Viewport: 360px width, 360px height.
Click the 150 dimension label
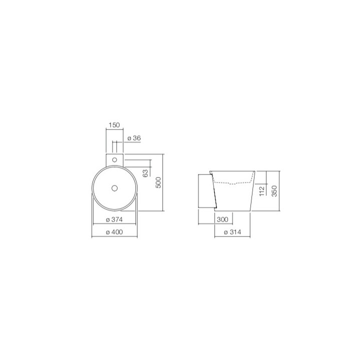pos(114,125)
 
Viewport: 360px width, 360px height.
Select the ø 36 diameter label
pos(133,137)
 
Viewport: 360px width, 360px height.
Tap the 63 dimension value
pos(144,173)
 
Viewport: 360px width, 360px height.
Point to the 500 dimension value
pos(158,182)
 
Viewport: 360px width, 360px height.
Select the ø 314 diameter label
pos(232,232)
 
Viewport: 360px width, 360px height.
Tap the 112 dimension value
pos(261,190)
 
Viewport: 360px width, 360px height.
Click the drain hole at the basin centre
pos(114,188)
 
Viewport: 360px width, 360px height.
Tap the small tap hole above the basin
pos(114,159)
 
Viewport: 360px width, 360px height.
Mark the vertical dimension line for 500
pos(164,182)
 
